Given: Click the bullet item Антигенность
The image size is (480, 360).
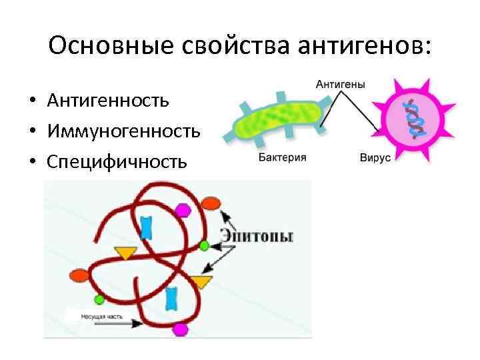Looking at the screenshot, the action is point(108,101).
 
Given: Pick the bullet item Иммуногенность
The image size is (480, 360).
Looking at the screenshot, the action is point(123,131).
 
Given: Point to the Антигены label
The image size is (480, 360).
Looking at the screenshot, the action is point(340,84).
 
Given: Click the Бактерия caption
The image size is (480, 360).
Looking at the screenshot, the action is point(282,158).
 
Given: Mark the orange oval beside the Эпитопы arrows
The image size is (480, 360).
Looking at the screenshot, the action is point(211,203).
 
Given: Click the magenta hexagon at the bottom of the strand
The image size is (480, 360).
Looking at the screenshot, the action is point(180,329).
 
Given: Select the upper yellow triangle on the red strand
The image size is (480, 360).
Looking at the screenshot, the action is point(124,253).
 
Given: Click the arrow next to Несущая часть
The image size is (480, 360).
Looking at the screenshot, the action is point(120,323).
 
